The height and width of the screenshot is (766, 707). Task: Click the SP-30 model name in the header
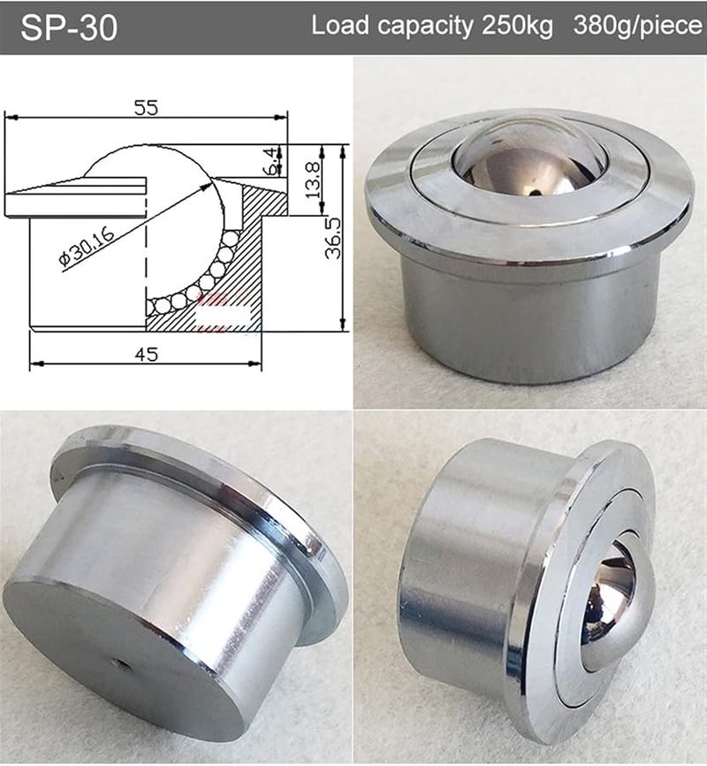pos(68,27)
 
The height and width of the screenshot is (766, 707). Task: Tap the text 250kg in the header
pos(516,26)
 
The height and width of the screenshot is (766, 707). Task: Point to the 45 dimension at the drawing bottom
pos(147,354)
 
